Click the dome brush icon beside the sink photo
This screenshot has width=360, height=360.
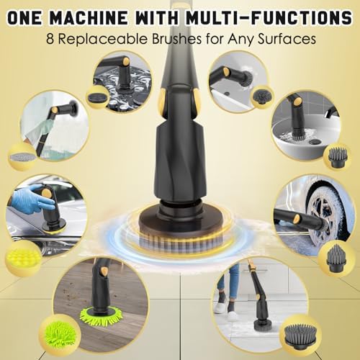pyautogui.click(x=337, y=156)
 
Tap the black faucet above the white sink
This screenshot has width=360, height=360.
pyautogui.click(x=331, y=112)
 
